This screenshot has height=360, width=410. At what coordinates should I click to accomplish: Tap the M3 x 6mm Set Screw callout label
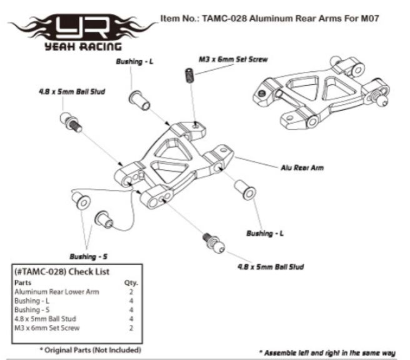[233, 59]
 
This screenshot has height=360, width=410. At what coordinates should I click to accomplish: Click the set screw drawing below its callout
[189, 75]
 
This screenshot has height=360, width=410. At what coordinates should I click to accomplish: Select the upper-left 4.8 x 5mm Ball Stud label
[72, 92]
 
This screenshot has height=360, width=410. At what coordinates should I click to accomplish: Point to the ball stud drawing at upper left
[71, 122]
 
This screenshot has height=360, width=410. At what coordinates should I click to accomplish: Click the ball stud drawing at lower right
[214, 243]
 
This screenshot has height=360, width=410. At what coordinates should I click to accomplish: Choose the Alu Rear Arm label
[302, 167]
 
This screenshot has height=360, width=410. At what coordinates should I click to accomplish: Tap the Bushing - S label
[88, 256]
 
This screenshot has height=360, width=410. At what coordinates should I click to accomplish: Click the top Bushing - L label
[134, 62]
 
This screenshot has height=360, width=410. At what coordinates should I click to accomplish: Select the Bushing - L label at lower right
[265, 233]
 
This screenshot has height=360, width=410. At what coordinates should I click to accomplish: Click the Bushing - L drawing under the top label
[139, 100]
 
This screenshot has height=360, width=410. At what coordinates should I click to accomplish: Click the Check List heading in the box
[62, 272]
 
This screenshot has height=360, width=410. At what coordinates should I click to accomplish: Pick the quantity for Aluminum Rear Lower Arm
[131, 292]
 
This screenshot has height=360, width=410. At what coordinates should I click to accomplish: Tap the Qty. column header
[131, 283]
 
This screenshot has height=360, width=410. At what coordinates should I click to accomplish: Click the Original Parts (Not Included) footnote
[91, 350]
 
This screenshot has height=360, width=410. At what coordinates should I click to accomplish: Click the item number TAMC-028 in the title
[224, 19]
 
